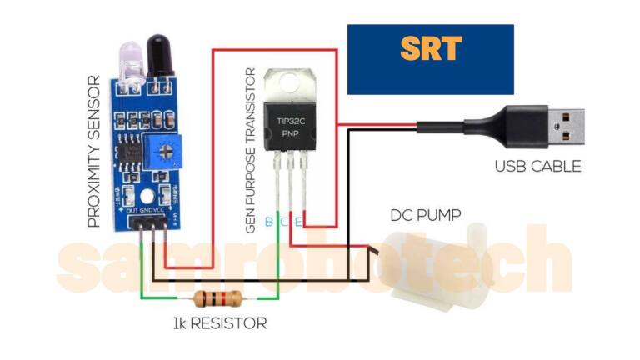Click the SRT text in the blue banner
click(x=430, y=49)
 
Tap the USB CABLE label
click(x=538, y=166)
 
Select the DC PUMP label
click(x=426, y=215)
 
